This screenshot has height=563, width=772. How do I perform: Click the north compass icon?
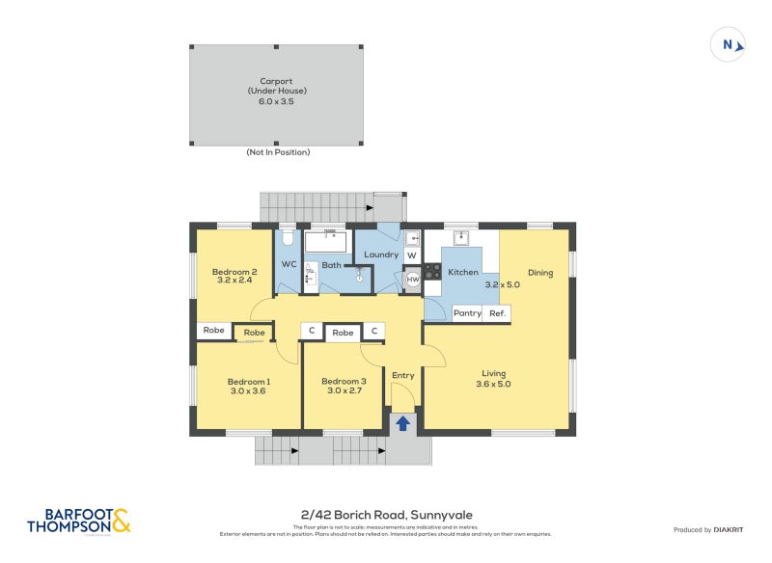pos(729,44)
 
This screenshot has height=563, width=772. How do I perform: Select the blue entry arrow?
pos(402,421)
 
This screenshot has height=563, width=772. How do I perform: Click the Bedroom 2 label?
pos(234,272)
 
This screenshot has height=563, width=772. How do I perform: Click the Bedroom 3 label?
pos(344,381)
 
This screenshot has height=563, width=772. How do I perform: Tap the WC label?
pos(289,264)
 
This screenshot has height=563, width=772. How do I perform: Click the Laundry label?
pos(381,255)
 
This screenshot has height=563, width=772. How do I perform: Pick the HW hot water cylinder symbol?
pos(412,280)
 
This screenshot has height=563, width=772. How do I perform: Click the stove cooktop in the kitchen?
pos(431,272)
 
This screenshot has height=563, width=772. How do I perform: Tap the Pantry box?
pos(468,313)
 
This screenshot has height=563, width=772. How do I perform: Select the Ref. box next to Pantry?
pos(497,313)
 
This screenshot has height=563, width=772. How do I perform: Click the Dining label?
pos(540,273)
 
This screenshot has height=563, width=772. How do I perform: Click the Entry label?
pos(402,375)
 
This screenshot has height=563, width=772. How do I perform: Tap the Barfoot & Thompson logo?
pos(78,521)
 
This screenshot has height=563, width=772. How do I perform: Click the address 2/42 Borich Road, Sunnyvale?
pos(386,515)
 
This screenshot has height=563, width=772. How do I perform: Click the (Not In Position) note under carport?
pos(277,152)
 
